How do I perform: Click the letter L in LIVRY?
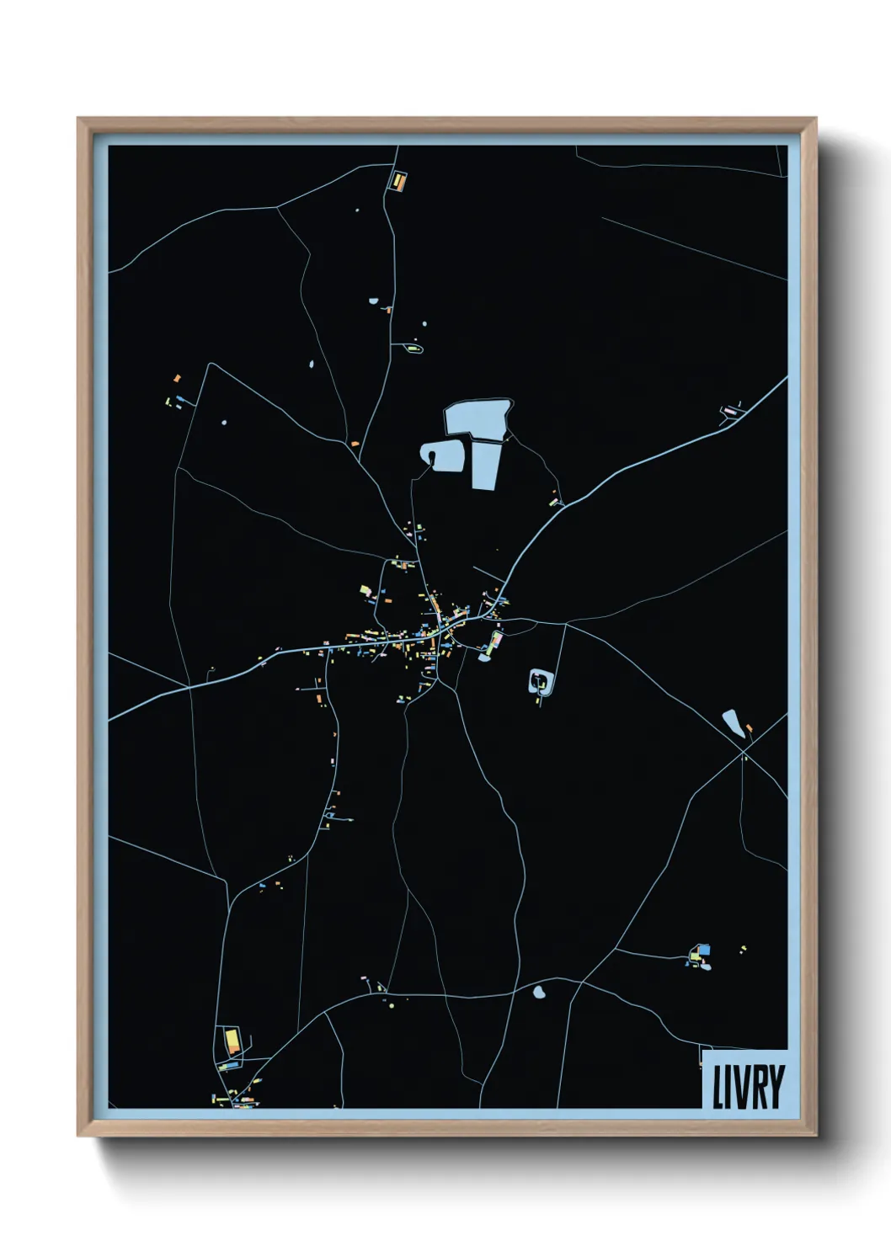718,1087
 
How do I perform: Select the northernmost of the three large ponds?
477,417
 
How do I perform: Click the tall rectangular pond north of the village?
486,465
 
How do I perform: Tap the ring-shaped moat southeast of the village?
540,682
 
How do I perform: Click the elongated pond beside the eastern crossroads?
733,723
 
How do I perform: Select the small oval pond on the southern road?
538,993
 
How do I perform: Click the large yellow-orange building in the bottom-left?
229,1041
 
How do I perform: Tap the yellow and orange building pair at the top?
397,180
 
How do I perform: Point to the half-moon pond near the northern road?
373,301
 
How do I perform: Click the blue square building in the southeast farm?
705,950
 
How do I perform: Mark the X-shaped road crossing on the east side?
743,755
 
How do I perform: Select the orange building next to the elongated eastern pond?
749,727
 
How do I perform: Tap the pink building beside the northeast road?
729,411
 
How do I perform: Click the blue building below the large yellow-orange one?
228,1066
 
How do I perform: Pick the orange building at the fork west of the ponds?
355,443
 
